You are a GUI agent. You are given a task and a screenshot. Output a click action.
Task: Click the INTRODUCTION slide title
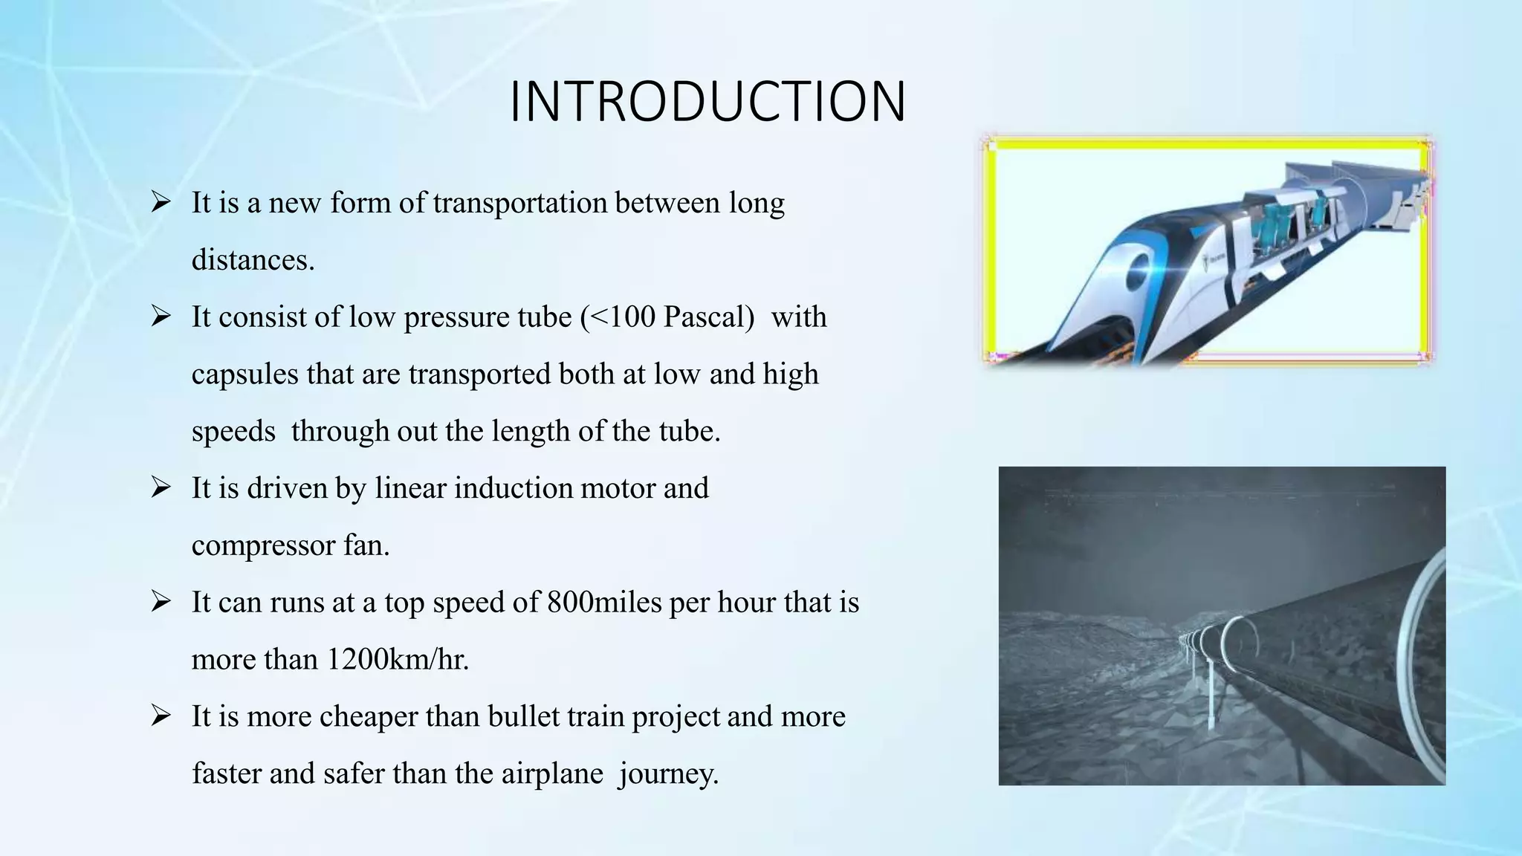[707, 102]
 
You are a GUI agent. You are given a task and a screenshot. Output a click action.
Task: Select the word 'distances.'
[253, 260]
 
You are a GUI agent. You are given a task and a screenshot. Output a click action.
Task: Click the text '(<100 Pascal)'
[667, 317]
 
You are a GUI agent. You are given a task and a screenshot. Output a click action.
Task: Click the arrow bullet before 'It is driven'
[161, 488]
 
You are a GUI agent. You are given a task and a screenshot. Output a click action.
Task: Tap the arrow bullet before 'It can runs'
[161, 602]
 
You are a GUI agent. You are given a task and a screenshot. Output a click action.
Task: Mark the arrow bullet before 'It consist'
[161, 317]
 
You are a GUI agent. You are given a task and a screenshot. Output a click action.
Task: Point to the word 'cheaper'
[367, 717]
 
